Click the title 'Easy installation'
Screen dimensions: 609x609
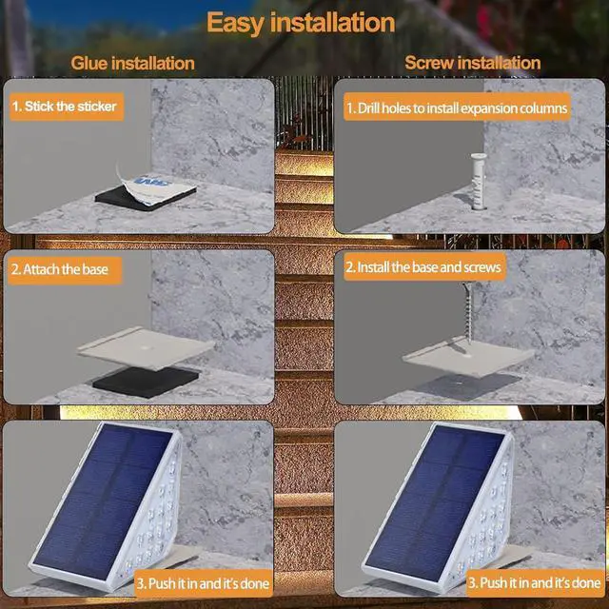coord(301,22)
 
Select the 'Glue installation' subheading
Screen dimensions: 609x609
coord(132,64)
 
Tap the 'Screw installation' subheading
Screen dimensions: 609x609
coord(472,64)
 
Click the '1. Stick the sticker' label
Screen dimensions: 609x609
coord(64,106)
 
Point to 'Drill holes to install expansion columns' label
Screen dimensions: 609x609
coord(456,108)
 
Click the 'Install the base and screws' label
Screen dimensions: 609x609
coord(422,267)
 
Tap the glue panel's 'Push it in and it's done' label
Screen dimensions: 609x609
coord(203,582)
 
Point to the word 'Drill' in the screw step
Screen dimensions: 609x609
coord(371,108)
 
